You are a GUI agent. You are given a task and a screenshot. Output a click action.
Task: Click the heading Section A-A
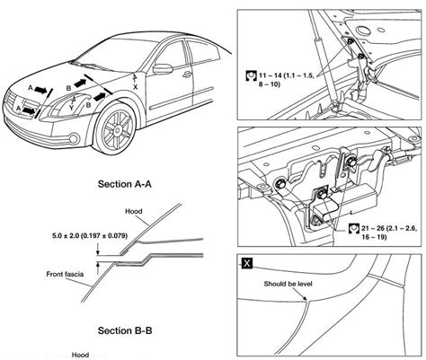coord(125,184)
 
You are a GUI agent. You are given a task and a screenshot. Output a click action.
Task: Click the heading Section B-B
coord(125,330)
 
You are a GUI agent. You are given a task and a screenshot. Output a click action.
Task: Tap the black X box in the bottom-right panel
coord(247,263)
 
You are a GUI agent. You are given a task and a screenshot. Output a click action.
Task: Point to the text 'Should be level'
coord(288,284)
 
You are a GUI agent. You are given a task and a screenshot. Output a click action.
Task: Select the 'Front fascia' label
coord(65,274)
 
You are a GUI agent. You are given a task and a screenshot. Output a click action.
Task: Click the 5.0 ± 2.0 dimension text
coord(90,236)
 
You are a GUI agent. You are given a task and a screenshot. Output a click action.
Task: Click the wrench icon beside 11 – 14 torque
coord(251,76)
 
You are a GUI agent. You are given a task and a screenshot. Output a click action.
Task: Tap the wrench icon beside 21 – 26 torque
coord(354,229)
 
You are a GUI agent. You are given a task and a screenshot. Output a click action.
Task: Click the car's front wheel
coord(116,129)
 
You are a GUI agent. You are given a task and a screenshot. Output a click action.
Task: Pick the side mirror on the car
coord(163,69)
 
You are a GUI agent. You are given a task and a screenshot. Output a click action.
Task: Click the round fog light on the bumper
coord(74,138)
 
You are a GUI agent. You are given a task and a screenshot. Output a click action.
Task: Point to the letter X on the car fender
coord(136,87)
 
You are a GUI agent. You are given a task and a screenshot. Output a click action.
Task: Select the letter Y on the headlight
coord(71,107)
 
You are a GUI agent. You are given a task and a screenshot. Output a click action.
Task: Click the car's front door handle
coord(187,75)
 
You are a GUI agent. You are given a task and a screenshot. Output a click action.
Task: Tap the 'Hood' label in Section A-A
coord(134,211)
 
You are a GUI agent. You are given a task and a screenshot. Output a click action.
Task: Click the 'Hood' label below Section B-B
coord(80,355)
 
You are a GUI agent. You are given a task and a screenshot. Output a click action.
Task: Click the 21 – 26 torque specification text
coord(389,233)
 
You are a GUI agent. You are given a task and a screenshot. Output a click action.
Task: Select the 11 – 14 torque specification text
coord(287,80)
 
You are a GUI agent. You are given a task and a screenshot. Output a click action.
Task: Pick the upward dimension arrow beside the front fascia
coord(98,268)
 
